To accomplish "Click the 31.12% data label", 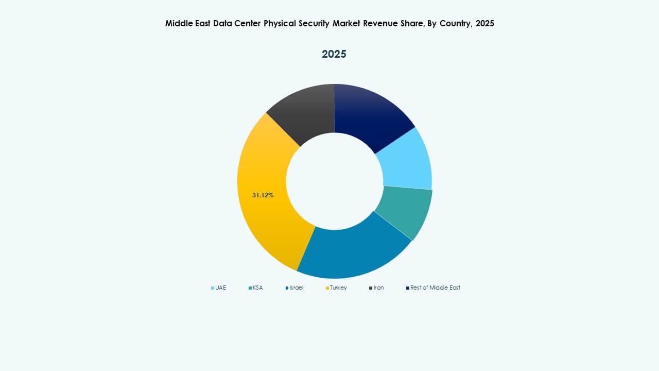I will coord(263,195).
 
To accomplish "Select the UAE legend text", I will coord(221,288).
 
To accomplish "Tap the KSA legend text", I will coord(257,288).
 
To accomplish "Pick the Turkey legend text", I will coord(338,288).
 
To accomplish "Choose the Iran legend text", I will coord(378,288).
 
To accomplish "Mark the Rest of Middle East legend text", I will coord(435,288).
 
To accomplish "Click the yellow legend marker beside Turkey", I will coord(327,288).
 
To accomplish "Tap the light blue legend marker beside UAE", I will coord(213,288).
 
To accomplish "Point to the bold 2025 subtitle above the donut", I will coord(334,54).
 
